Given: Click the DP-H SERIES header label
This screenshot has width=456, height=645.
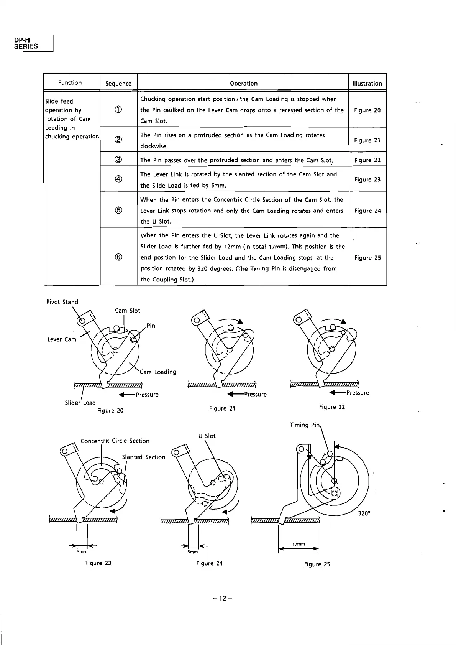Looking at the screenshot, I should [x=26, y=43].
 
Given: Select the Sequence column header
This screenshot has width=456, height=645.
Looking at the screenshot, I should [x=118, y=84].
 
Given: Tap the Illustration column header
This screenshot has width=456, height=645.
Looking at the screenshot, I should [x=367, y=84].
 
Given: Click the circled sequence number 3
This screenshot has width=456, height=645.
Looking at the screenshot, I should [x=118, y=160].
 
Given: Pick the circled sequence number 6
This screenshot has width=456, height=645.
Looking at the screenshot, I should [x=118, y=258].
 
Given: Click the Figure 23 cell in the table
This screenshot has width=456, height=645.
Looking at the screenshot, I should [x=367, y=179].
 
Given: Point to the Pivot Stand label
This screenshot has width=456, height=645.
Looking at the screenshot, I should [x=62, y=302].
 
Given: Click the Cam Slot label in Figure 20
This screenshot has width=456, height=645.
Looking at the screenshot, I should [x=128, y=311].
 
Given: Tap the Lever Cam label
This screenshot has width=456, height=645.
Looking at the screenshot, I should [x=62, y=339].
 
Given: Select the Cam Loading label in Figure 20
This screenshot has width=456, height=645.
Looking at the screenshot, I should [x=158, y=372].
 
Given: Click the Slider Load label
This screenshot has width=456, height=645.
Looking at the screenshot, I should [x=80, y=403].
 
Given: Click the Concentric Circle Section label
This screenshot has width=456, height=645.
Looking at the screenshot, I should [x=115, y=441].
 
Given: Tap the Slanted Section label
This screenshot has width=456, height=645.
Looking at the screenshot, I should [x=143, y=457].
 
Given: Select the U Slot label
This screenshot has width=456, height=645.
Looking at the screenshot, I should [x=207, y=436].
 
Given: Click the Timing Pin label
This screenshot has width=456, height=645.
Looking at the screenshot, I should [x=305, y=425].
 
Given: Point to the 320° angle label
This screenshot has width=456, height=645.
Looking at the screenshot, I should [x=364, y=514].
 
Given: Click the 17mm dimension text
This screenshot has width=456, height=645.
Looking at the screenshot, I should [x=299, y=544].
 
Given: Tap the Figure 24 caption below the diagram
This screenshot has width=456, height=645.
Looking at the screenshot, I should [x=209, y=563].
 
